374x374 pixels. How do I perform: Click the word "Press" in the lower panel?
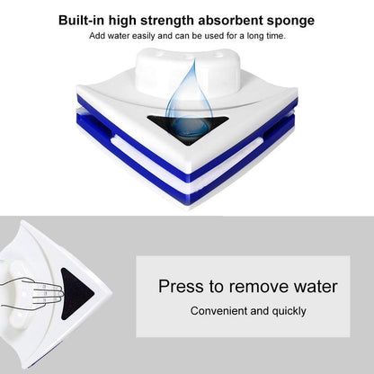181,287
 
